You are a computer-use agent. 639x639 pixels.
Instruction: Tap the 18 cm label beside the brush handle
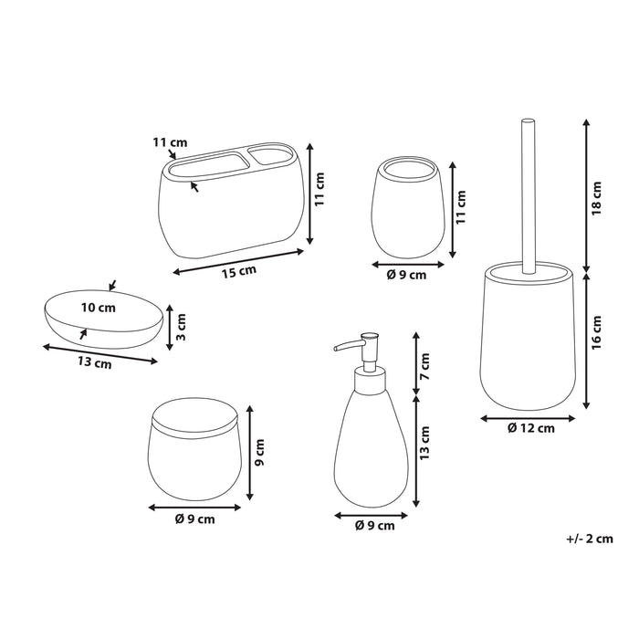coord(597,198)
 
